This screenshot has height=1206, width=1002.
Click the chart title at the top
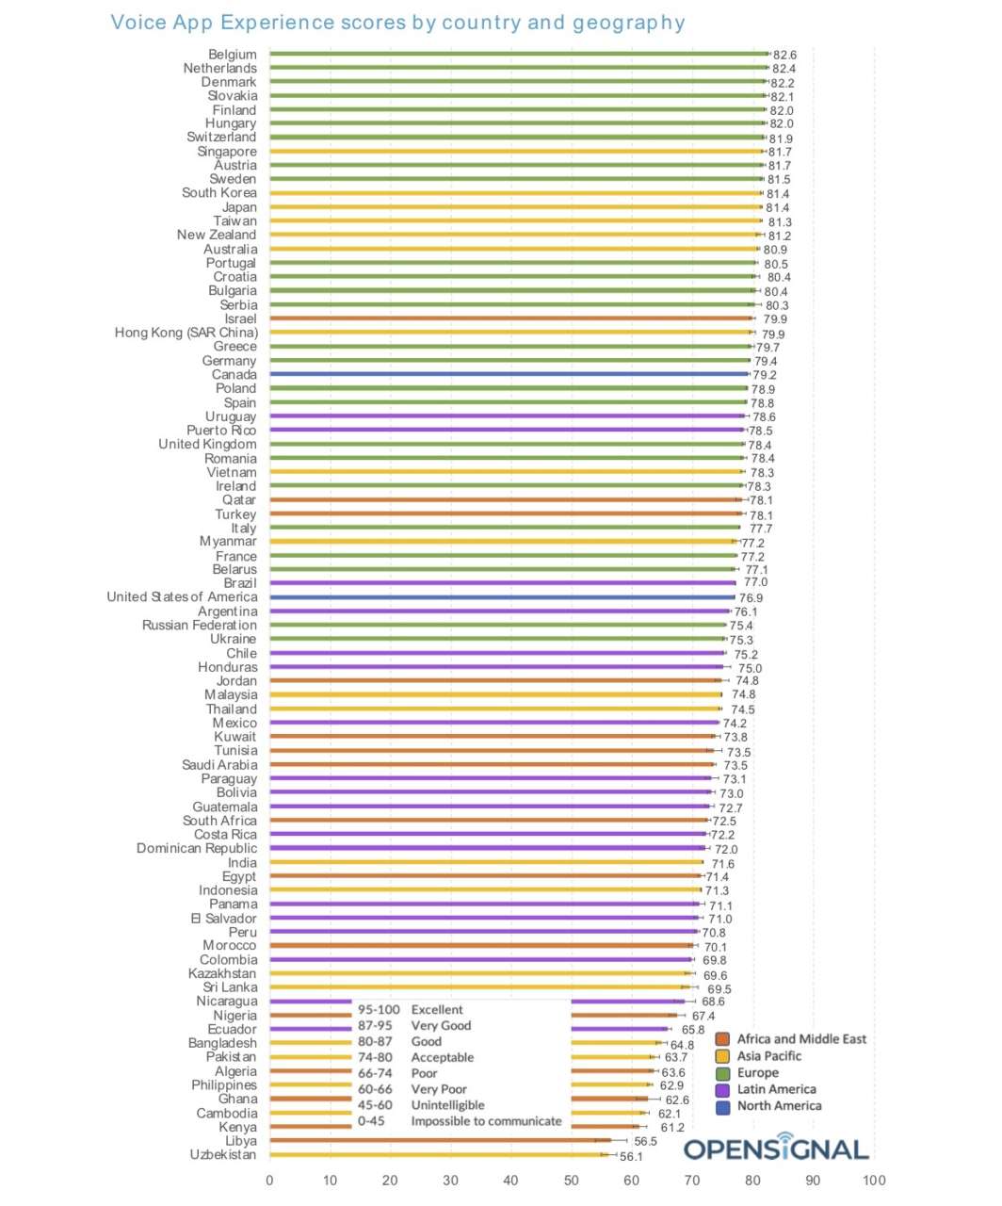pyautogui.click(x=397, y=23)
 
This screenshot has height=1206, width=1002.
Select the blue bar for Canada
pyautogui.click(x=509, y=374)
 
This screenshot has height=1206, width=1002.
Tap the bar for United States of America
pyautogui.click(x=502, y=596)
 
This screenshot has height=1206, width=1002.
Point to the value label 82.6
pyautogui.click(x=784, y=55)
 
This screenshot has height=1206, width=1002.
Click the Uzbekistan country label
pyautogui.click(x=223, y=1154)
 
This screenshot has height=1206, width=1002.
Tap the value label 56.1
pyautogui.click(x=631, y=1156)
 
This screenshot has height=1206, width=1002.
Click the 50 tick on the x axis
pyautogui.click(x=571, y=1180)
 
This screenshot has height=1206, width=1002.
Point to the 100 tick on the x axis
pyautogui.click(x=874, y=1180)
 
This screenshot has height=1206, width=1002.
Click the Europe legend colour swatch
pyautogui.click(x=722, y=1073)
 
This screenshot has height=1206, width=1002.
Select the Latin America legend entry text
pyautogui.click(x=776, y=1089)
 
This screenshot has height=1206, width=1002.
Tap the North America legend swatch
pyautogui.click(x=722, y=1107)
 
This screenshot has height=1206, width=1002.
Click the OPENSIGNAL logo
pyautogui.click(x=776, y=1148)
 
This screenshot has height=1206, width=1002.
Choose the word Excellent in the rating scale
pyautogui.click(x=437, y=1009)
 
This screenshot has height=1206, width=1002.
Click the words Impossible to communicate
pyautogui.click(x=486, y=1121)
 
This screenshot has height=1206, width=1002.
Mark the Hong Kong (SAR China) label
pyautogui.click(x=186, y=333)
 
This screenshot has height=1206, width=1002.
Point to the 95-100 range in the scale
pyautogui.click(x=378, y=1009)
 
